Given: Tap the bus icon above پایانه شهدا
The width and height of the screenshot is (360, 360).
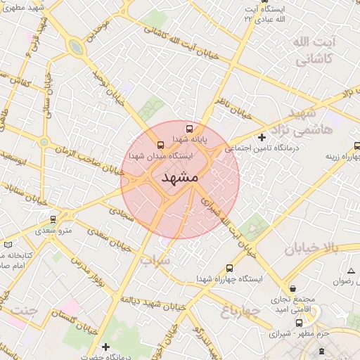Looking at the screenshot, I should pyautogui.click(x=188, y=129).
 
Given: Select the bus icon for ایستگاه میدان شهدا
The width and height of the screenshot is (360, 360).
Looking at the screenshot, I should pyautogui.click(x=161, y=146).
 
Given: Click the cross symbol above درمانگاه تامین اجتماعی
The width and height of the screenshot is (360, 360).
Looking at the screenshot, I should pyautogui.click(x=262, y=137).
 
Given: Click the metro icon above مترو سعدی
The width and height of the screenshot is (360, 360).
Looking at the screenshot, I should pyautogui.click(x=53, y=219).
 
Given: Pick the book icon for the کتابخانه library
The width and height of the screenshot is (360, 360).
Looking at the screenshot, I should pyautogui.click(x=8, y=244).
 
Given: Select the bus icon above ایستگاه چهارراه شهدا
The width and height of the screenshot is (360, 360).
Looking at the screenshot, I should pyautogui.click(x=229, y=268).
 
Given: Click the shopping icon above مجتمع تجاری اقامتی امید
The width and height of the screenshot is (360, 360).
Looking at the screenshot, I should pyautogui.click(x=294, y=289).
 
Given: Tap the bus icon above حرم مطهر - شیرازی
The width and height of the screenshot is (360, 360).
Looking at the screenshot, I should pyautogui.click(x=300, y=323).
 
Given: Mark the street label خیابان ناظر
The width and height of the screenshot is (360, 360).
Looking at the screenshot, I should pyautogui.click(x=232, y=106).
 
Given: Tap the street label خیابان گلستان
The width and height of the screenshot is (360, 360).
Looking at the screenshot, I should pyautogui.click(x=77, y=325).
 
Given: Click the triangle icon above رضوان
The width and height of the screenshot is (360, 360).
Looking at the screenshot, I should pyautogui.click(x=351, y=271).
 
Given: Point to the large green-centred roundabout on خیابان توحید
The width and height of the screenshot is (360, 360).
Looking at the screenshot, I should pyautogui.click(x=75, y=47).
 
